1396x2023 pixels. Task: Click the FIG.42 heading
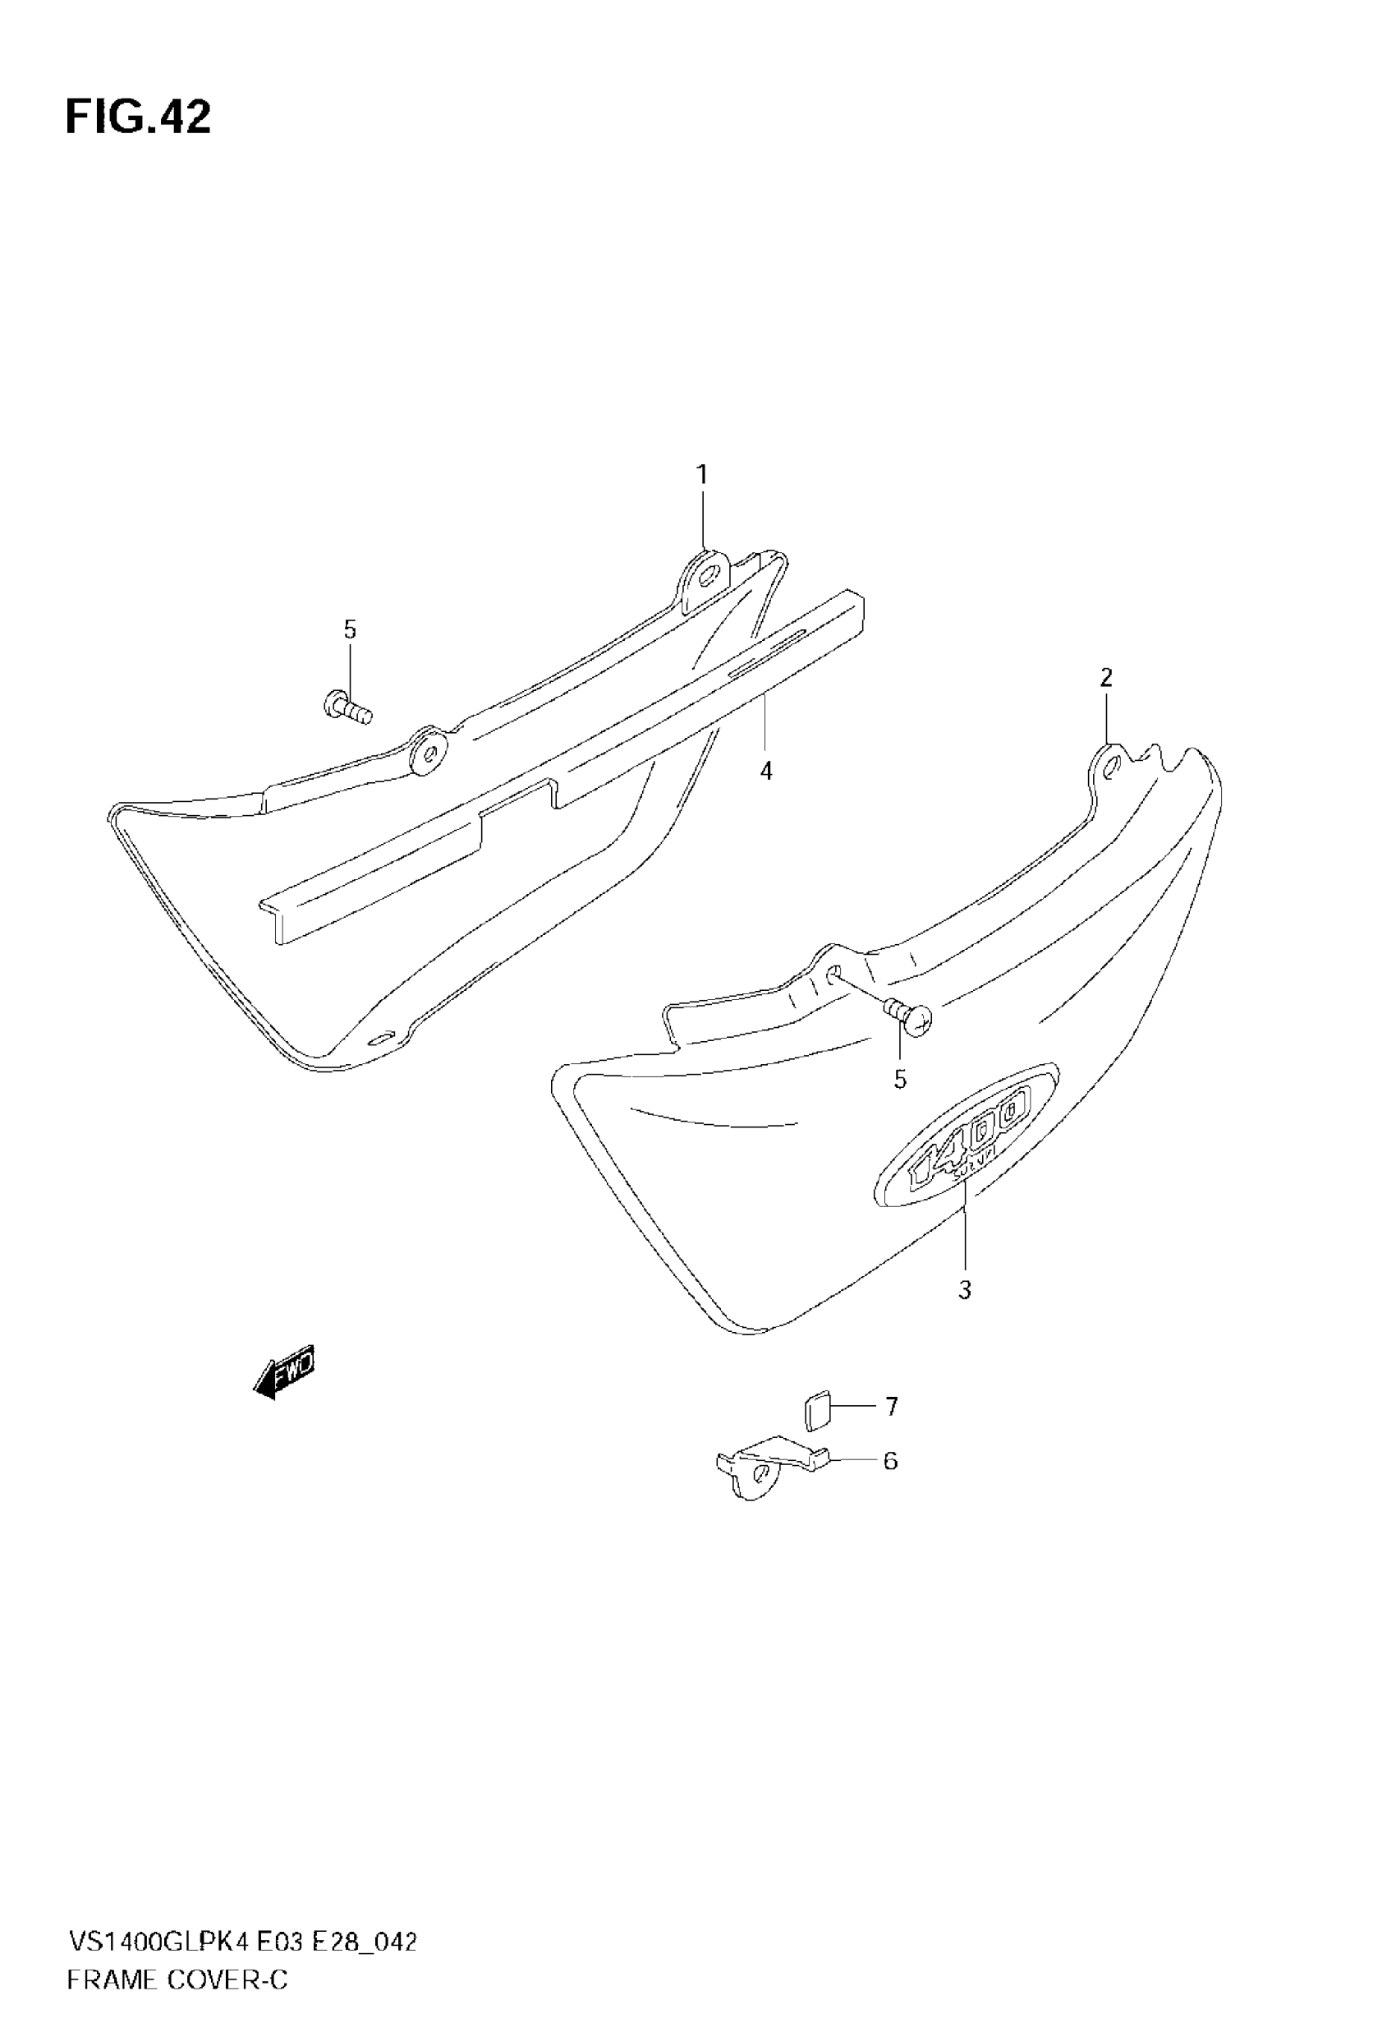(138, 118)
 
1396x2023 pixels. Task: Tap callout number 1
(701, 475)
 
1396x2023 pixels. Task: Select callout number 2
(1106, 677)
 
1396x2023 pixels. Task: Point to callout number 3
(965, 1290)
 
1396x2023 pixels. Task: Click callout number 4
(766, 771)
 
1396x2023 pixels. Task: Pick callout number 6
(890, 1460)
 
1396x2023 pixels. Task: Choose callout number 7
(891, 1406)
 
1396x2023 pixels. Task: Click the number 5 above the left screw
(350, 629)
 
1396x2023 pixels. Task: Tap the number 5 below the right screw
(900, 1080)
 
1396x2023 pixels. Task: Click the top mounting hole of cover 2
(1112, 768)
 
